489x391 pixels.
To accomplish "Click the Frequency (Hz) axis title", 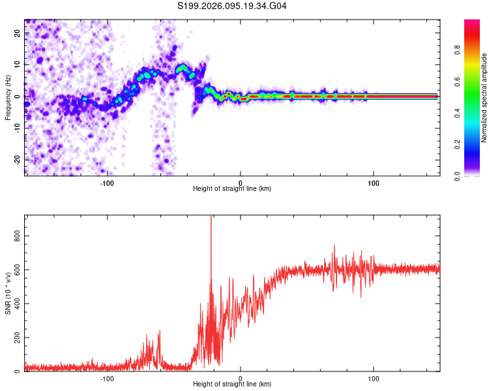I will tap(8, 96).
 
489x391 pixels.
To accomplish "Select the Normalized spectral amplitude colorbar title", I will tap(484, 98).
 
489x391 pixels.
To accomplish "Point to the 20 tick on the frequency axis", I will tap(18, 33).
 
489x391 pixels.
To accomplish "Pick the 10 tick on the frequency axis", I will tap(18, 65).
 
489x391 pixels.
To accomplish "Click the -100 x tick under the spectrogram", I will tap(107, 182).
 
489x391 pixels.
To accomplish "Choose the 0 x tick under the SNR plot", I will tap(241, 379).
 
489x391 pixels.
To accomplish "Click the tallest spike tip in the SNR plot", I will tap(211, 216).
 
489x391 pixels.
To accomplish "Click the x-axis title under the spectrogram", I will tap(232, 189).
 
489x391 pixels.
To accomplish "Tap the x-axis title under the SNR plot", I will tap(232, 385).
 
